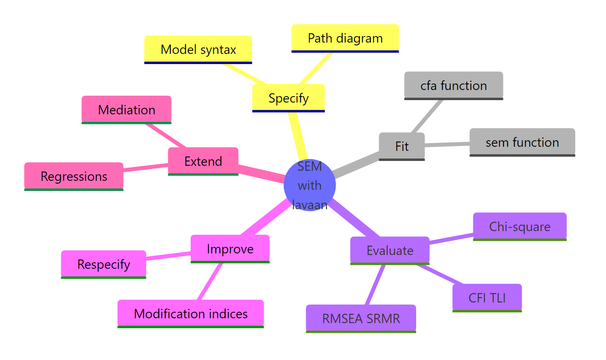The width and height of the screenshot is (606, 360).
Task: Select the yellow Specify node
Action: coord(288,98)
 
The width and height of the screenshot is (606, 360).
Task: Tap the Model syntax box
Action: coord(198,49)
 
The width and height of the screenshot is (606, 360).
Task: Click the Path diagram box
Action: coord(345,38)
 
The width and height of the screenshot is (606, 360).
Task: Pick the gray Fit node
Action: coord(402,146)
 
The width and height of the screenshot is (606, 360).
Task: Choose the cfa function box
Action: coord(453,86)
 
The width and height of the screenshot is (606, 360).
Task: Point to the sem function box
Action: coord(522,142)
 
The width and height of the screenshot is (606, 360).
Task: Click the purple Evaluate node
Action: coord(389,250)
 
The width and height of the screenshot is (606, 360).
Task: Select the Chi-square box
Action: coord(520,226)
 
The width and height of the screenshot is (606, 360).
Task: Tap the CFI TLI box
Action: coord(487,298)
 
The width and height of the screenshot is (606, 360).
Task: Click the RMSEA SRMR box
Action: coord(361,318)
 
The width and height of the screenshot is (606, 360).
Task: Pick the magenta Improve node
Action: coord(230,249)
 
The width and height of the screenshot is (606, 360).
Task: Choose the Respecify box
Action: coord(103,264)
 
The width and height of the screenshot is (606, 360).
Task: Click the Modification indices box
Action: coord(191,313)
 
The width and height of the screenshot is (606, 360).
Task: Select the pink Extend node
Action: coord(203,161)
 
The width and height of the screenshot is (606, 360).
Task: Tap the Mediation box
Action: coord(127,109)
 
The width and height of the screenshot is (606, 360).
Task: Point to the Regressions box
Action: coord(74,176)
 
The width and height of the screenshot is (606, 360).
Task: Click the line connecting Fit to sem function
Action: coord(447,144)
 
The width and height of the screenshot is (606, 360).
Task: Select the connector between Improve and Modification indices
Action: coord(210,281)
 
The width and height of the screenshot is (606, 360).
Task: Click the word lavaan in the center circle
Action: coord(310,205)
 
